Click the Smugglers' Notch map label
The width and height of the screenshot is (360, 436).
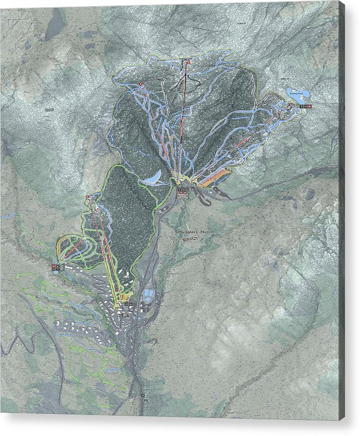[x=195, y=231]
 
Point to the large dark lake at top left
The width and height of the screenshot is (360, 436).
[x=55, y=25]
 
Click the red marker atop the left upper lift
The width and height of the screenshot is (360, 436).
[x=140, y=83]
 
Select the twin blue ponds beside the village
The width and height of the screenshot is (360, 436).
[x=147, y=296]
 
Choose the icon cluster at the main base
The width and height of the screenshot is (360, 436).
[x=183, y=192]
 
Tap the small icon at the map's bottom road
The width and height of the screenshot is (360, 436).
[x=144, y=395]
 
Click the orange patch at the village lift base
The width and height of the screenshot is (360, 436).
[x=123, y=296]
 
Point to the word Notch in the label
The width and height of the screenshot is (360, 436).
[x=205, y=231]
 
